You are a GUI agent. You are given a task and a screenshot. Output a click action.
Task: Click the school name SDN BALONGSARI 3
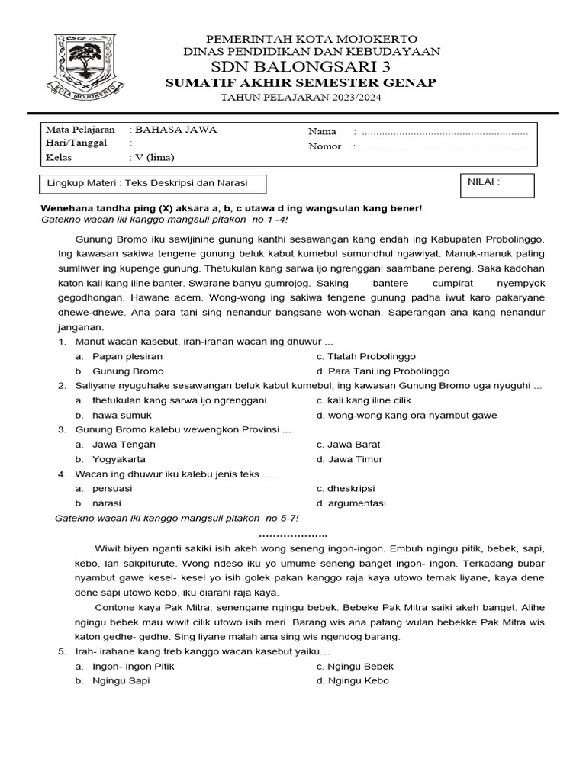(x=301, y=67)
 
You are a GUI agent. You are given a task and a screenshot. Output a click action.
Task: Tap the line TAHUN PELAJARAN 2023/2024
(x=301, y=98)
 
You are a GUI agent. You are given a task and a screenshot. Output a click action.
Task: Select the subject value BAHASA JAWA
(x=175, y=130)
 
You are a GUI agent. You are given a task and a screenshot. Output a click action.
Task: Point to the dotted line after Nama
(x=444, y=132)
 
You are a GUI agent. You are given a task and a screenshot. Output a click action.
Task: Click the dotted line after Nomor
(x=444, y=146)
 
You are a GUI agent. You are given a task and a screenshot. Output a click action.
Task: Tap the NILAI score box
(x=497, y=185)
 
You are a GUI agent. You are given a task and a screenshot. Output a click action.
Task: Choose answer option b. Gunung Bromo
(x=127, y=371)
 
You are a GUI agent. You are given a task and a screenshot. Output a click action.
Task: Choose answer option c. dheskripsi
(x=351, y=488)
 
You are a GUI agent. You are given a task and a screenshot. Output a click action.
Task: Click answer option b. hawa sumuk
(x=121, y=415)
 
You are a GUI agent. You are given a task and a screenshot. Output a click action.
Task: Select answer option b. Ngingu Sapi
(x=121, y=680)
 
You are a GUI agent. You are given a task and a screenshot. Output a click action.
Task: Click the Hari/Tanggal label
(x=76, y=143)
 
